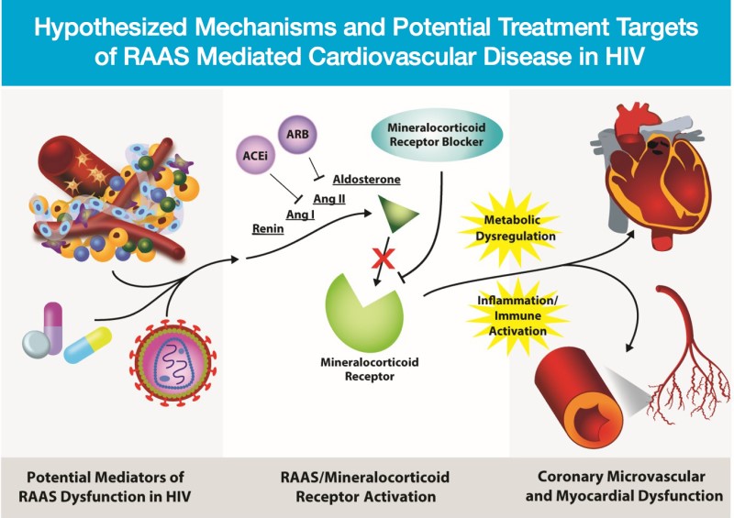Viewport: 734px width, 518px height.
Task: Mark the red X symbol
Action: coord(377,260)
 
